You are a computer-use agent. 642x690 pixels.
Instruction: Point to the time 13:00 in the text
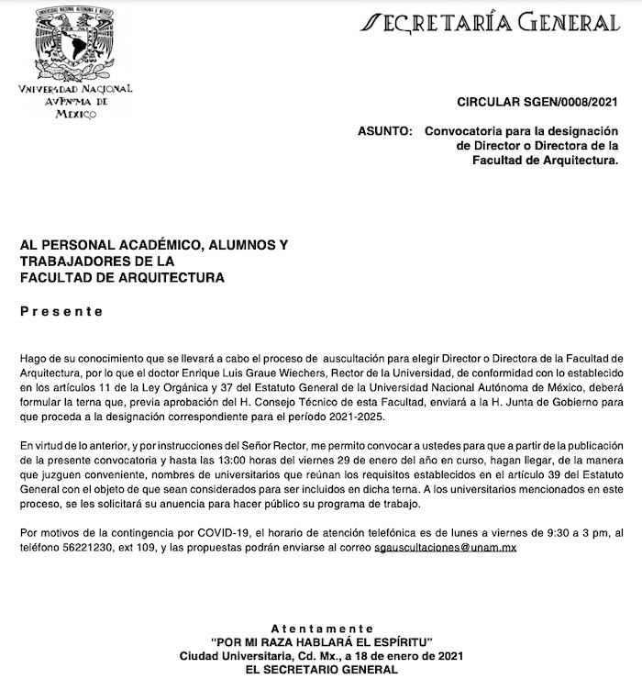(x=268, y=460)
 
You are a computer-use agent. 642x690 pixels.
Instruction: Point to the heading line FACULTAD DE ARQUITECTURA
(x=123, y=276)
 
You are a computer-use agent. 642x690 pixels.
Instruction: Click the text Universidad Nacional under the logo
(x=75, y=89)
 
